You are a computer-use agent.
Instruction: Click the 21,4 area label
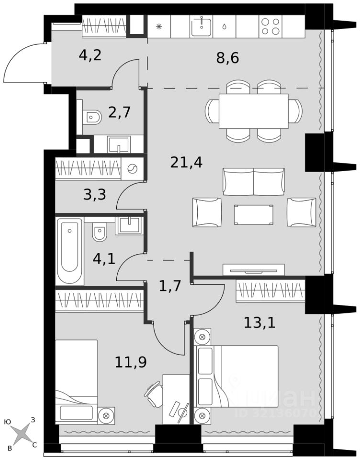(186, 162)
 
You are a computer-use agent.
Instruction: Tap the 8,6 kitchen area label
(227, 58)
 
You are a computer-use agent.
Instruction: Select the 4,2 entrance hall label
(90, 55)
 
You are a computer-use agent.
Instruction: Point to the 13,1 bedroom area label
(259, 323)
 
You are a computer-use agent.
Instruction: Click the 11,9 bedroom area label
(131, 362)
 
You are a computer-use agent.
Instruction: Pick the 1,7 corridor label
(170, 286)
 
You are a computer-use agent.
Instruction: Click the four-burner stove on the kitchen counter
(270, 26)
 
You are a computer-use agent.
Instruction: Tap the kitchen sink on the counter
(202, 26)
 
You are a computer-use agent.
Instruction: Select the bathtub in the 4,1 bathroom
(70, 251)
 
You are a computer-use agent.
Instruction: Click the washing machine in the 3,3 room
(132, 169)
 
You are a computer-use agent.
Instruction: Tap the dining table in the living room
(254, 111)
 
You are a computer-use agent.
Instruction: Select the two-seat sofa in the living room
(254, 182)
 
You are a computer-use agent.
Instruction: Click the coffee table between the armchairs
(254, 215)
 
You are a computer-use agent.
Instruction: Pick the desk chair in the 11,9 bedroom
(154, 394)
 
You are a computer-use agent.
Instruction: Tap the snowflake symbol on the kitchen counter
(159, 27)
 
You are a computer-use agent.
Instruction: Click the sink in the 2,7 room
(119, 144)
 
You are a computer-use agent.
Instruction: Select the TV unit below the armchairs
(254, 270)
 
